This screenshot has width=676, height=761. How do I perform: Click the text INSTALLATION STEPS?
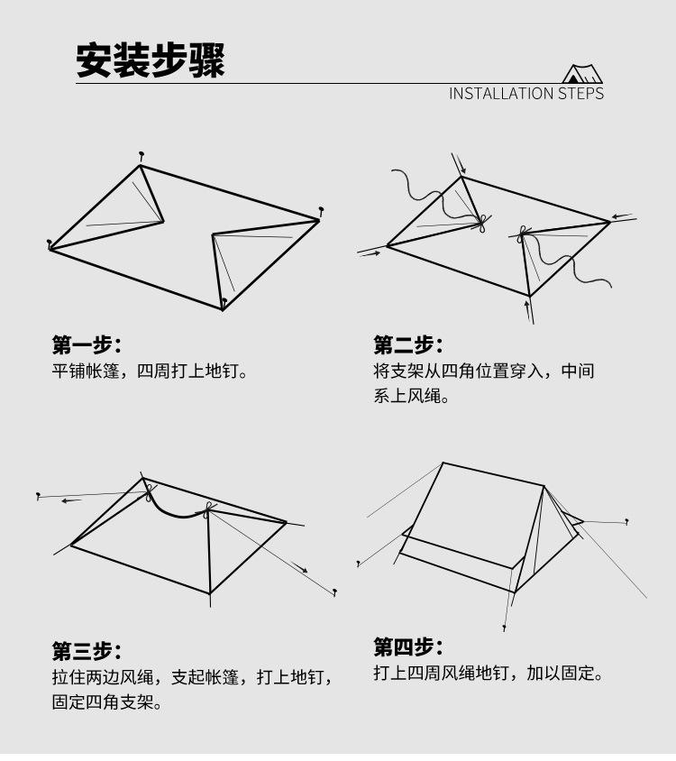pyautogui.click(x=526, y=94)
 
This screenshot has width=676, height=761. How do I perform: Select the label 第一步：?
pyautogui.click(x=86, y=344)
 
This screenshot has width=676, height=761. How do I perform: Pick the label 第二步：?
pyautogui.click(x=408, y=344)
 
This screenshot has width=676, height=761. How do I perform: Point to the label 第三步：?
pyautogui.click(x=86, y=651)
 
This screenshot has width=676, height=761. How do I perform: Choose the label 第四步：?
pyautogui.click(x=408, y=646)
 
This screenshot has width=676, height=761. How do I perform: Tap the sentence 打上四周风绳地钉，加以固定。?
pyautogui.click(x=488, y=674)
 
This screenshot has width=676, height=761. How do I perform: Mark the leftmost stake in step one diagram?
pyautogui.click(x=50, y=243)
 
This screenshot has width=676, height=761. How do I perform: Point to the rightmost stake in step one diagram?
pyautogui.click(x=320, y=213)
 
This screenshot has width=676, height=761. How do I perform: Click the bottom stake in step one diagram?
pyautogui.click(x=224, y=302)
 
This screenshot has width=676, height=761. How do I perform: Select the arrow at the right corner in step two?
pyautogui.click(x=623, y=216)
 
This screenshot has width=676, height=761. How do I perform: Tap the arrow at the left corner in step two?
pyautogui.click(x=370, y=253)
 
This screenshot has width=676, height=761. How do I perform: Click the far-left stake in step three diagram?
pyautogui.click(x=38, y=496)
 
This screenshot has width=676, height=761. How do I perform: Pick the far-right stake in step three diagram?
pyautogui.click(x=335, y=592)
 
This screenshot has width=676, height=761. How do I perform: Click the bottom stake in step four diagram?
pyautogui.click(x=505, y=626)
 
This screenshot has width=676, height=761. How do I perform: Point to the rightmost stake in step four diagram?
pyautogui.click(x=626, y=521)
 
